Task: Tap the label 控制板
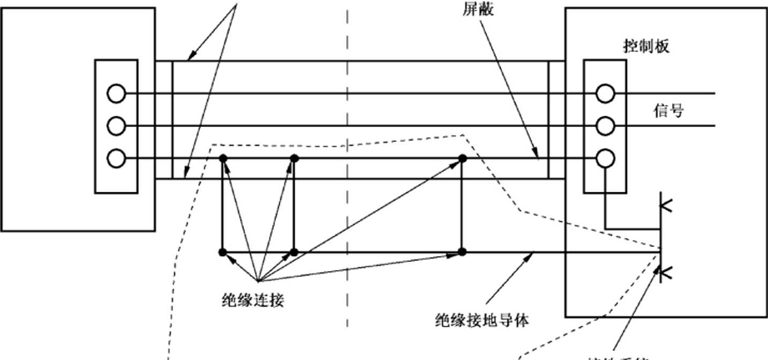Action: click(x=646, y=47)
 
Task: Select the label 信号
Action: click(x=668, y=110)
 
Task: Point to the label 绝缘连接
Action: click(x=252, y=301)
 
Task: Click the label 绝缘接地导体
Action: click(x=481, y=321)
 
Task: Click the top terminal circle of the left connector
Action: click(x=116, y=94)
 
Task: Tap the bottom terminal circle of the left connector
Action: click(x=116, y=159)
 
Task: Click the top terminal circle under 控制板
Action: click(x=606, y=94)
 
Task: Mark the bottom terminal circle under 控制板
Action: click(x=606, y=159)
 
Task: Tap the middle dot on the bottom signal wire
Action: click(x=294, y=159)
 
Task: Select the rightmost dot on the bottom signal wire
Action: click(x=463, y=159)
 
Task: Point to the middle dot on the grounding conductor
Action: click(x=294, y=252)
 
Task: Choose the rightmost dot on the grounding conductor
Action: click(x=463, y=252)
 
